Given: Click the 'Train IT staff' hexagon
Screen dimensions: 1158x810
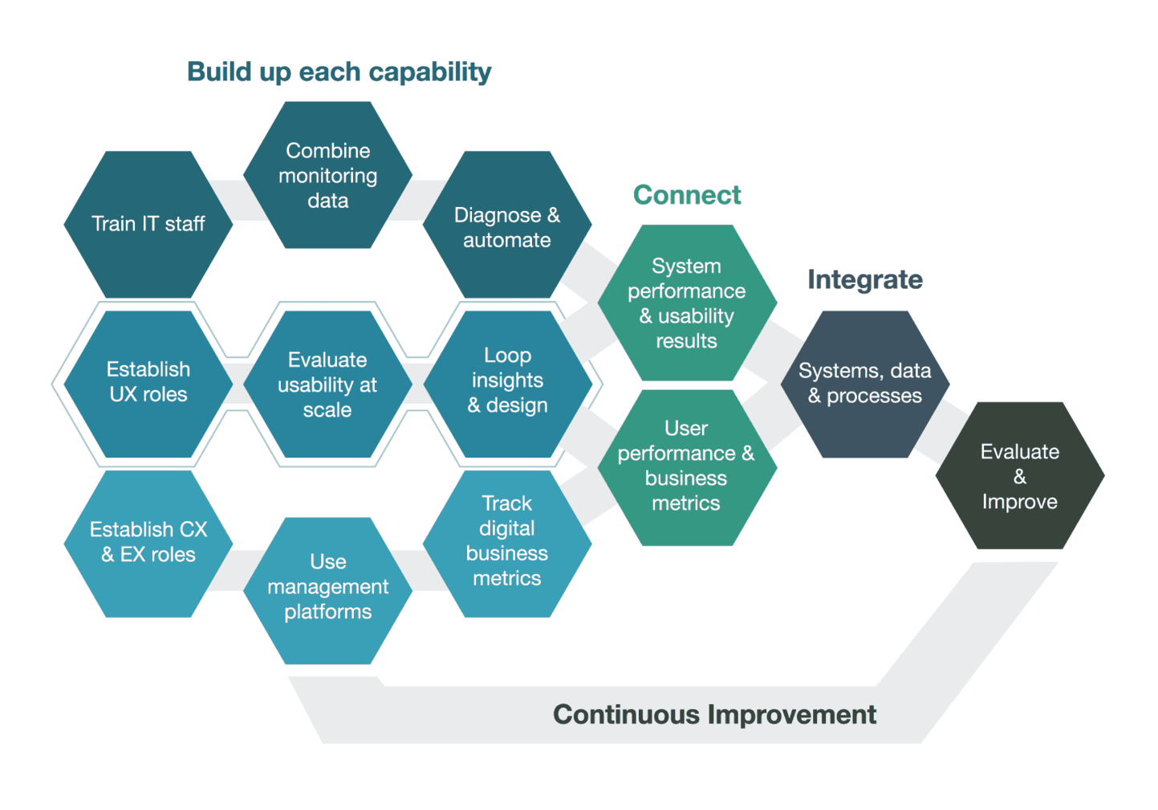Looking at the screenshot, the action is tap(148, 225).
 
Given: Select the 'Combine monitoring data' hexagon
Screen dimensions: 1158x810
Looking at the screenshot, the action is tap(327, 175).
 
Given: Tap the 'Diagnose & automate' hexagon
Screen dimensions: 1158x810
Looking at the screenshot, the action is tap(507, 225).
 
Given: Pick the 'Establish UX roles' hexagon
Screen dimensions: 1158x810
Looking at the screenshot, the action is tap(148, 384).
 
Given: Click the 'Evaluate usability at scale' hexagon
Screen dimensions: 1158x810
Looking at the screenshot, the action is tap(327, 384).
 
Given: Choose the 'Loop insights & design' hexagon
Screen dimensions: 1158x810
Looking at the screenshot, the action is tap(507, 384).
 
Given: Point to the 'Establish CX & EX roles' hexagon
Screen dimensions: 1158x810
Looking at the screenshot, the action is tap(148, 543).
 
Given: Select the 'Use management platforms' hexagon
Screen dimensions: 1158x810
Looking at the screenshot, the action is tap(327, 591).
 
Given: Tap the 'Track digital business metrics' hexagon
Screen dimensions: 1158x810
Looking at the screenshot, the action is tap(507, 543).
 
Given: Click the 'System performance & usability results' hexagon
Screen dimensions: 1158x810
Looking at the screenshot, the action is tap(687, 303).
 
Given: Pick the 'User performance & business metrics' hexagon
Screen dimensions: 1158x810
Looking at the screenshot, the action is tap(687, 467).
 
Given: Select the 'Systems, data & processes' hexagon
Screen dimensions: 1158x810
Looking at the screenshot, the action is tap(865, 384).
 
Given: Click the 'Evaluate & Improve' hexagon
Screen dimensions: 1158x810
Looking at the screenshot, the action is tap(1020, 475).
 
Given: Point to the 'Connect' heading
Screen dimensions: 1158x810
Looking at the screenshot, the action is tap(687, 195).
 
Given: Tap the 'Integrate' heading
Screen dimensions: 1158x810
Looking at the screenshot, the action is tap(865, 280).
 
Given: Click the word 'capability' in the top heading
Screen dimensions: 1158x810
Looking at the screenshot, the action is tap(429, 72).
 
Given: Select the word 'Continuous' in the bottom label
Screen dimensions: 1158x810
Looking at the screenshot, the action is tap(626, 714).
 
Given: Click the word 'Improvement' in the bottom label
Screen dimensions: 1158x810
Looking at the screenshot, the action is tap(792, 714).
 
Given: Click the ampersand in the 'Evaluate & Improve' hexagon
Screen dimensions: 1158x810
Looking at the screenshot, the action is tap(1020, 476).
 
